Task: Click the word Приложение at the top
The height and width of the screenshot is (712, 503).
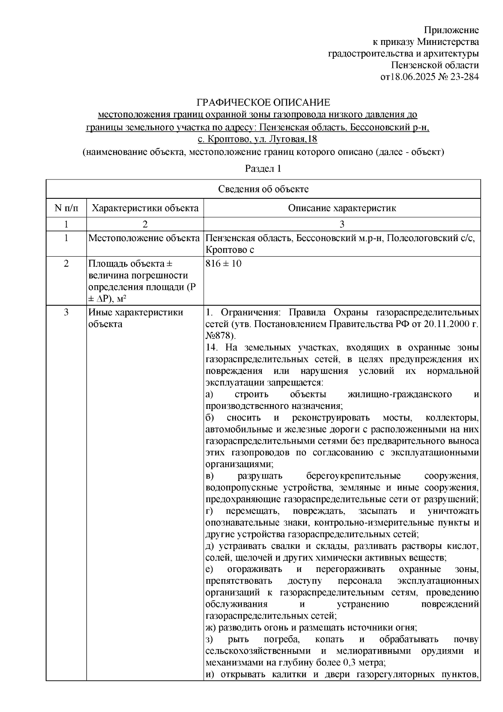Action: tap(451, 30)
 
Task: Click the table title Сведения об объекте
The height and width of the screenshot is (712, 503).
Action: tap(263, 189)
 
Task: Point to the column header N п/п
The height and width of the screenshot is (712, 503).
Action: tap(66, 208)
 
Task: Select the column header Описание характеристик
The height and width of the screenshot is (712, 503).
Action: tap(342, 208)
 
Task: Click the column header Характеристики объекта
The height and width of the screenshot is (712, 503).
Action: tap(145, 208)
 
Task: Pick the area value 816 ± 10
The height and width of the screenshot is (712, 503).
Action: tap(223, 264)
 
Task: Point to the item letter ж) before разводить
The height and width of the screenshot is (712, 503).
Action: tap(211, 628)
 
